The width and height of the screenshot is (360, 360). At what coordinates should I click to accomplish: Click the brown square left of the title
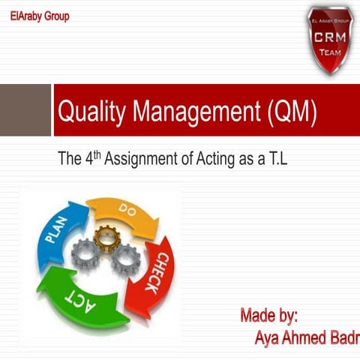tap(24, 109)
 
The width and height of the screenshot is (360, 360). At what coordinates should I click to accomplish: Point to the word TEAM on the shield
tap(330, 52)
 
